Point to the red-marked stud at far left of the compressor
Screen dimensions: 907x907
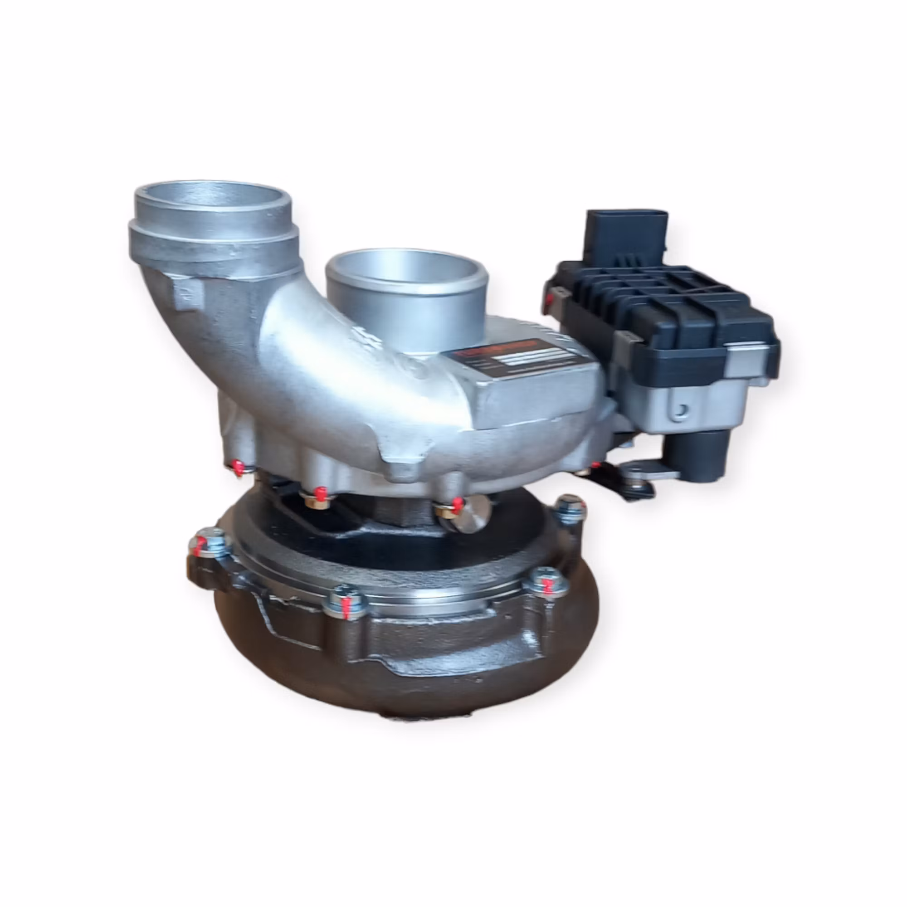click(238, 467)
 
